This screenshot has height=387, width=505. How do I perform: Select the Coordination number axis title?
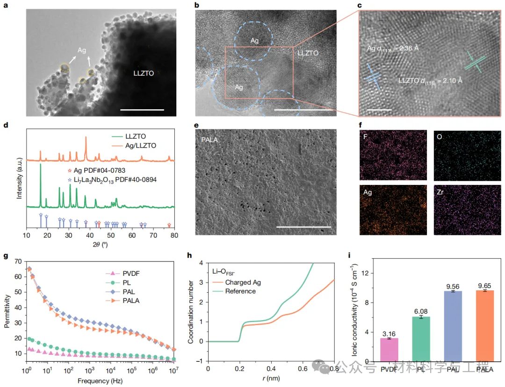(x=191, y=312)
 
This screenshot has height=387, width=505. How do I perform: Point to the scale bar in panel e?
(x=303, y=227)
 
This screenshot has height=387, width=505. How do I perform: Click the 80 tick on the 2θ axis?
(x=174, y=236)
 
